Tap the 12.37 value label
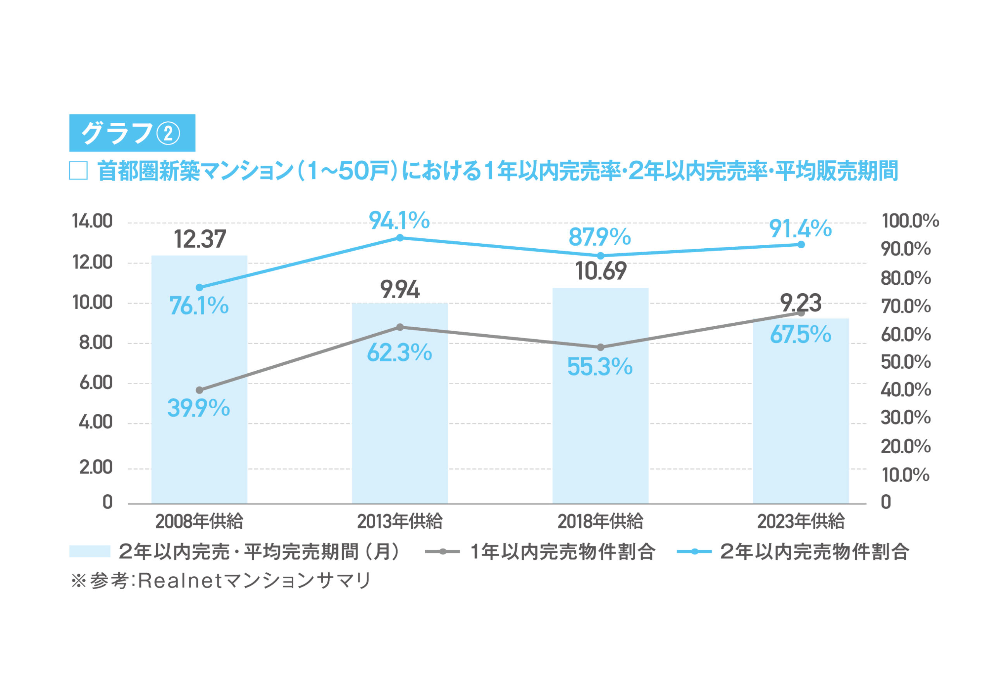coord(200,239)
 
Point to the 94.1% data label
coord(399,221)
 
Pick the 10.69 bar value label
coord(601,271)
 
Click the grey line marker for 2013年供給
coord(400,327)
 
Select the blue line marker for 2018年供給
coord(601,256)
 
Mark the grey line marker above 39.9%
coord(199,390)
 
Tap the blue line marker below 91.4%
coord(801,244)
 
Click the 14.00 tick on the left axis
coord(92,222)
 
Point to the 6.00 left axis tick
coord(95,383)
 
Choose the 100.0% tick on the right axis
coord(910,221)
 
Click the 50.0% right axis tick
coord(906,362)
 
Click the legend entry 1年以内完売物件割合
coord(563,552)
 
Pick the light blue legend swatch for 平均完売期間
coord(90,551)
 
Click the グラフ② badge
coord(132,133)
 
